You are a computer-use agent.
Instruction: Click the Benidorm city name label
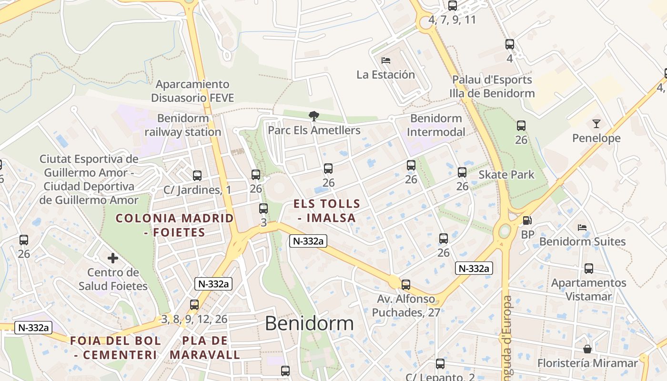point(309,324)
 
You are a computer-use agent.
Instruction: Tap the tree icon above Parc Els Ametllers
point(313,116)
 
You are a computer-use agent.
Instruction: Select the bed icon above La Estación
point(386,60)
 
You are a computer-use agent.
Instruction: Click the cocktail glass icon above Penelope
point(596,124)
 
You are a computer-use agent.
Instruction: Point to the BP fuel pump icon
point(527,221)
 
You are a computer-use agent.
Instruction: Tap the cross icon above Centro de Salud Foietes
point(113,259)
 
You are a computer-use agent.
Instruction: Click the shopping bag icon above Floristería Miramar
point(587,349)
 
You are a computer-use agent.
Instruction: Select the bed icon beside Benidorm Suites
point(582,228)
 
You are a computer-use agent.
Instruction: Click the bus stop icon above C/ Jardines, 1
point(197,176)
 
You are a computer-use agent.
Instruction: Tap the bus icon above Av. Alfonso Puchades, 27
point(405,285)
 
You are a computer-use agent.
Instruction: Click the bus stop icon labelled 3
point(263,209)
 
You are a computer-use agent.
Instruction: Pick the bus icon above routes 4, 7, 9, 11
point(452,6)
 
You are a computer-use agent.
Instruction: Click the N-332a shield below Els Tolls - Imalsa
point(308,241)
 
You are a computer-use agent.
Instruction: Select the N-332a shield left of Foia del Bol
point(33,328)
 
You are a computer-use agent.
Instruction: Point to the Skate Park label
point(506,175)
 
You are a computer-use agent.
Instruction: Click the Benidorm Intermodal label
point(436,125)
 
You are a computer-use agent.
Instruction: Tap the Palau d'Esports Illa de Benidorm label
point(492,86)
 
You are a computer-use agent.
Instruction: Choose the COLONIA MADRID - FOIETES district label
point(175,225)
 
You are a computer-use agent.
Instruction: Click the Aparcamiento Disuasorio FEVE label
point(192,91)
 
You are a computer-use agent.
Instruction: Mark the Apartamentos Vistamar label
point(588,290)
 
